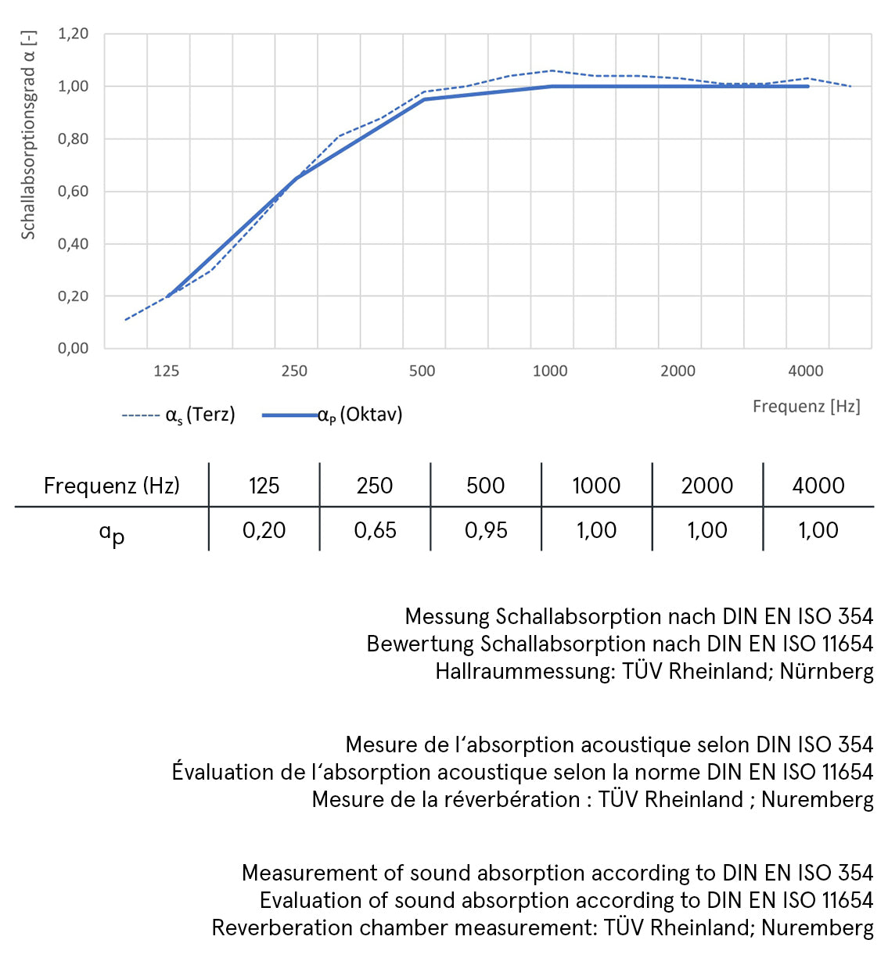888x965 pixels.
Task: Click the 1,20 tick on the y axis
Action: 73,34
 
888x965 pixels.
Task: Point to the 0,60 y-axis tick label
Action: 73,191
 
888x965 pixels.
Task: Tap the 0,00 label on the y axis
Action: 73,348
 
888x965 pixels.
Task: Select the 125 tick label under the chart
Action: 166,371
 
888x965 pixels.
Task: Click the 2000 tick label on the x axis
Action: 678,371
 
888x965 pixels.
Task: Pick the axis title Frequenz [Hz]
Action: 806,406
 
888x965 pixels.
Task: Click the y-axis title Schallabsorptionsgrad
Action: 28,135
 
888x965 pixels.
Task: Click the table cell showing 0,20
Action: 264,530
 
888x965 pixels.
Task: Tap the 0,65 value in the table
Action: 375,530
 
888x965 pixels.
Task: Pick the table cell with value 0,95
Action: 486,530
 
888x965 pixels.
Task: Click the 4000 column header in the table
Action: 818,486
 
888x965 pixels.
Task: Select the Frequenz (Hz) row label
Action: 111,486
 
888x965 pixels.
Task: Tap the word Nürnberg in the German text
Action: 826,671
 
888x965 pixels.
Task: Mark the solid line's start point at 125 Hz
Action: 167,296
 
